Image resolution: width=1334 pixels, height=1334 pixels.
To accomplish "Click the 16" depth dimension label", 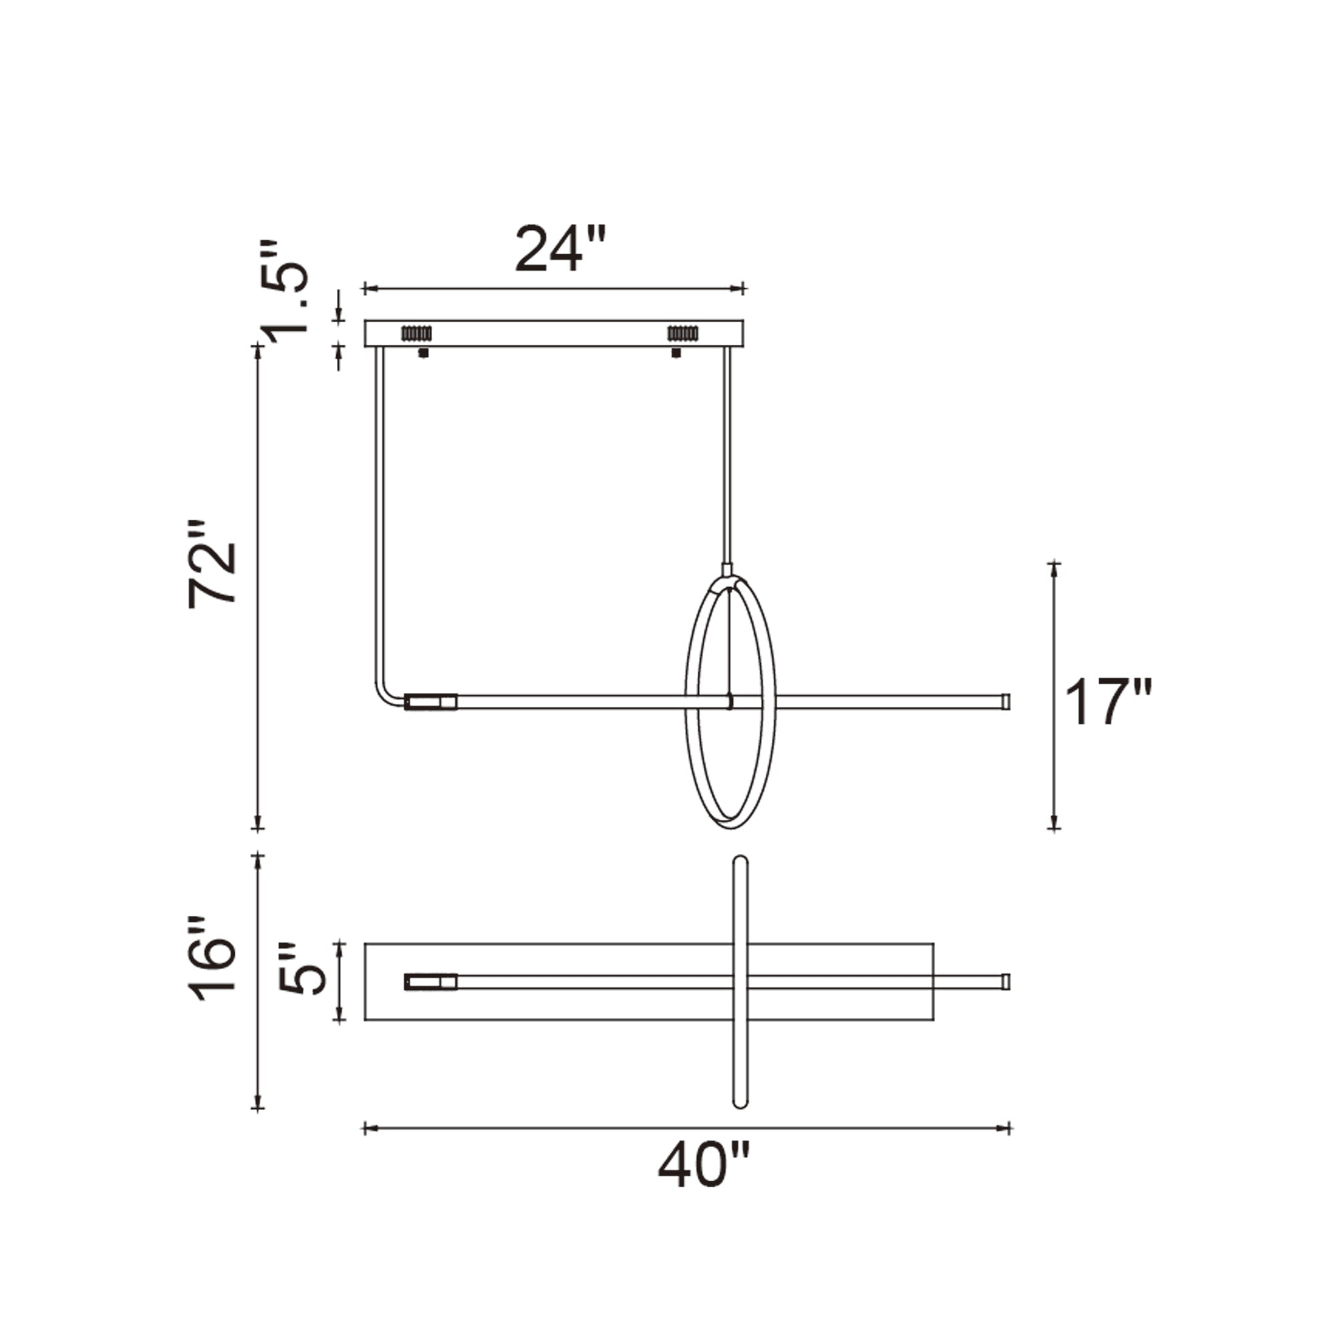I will (213, 960).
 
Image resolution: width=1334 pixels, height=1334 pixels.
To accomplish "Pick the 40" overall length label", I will (703, 1165).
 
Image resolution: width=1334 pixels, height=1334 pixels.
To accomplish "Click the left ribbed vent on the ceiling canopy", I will (416, 333).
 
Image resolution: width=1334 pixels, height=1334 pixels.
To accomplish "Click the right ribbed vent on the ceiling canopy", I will (682, 333).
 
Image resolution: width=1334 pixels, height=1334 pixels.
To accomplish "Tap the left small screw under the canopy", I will (424, 353).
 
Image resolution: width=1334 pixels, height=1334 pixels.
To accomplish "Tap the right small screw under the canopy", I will (676, 353).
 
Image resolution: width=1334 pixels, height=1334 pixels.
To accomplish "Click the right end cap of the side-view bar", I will (1006, 702).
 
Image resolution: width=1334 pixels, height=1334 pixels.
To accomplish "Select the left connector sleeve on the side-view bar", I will (431, 702).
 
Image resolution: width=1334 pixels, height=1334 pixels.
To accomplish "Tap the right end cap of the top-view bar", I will (1006, 981).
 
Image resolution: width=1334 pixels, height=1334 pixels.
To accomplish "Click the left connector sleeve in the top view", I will (431, 981).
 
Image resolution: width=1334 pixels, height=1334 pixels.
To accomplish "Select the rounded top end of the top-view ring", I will (740, 862).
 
